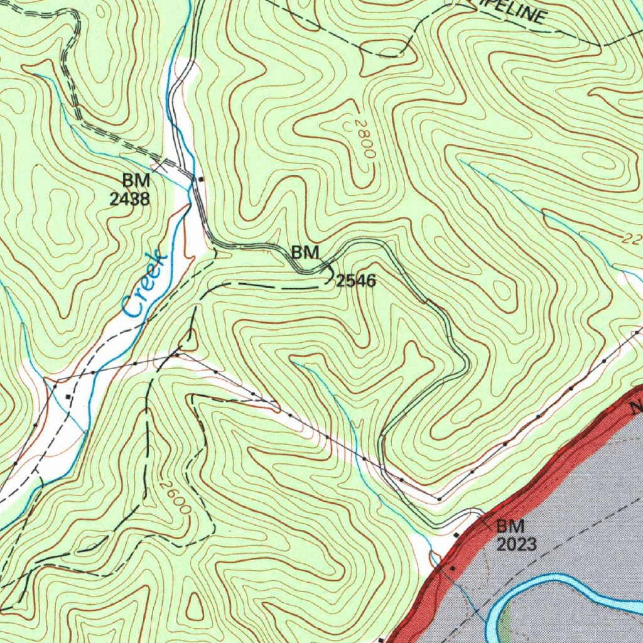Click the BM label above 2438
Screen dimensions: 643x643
[x=136, y=180]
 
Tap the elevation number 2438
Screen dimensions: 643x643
[x=130, y=199]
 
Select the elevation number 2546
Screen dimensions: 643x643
[x=356, y=281]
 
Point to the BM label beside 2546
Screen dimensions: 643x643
[x=306, y=253]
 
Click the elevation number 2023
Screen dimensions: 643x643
[x=517, y=544]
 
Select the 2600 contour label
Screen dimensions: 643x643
[x=175, y=497]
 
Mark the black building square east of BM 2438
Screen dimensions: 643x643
[x=200, y=180]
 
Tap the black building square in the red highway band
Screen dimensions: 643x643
[x=452, y=568]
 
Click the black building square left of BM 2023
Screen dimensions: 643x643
[x=457, y=535]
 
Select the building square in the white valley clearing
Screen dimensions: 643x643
[x=68, y=397]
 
